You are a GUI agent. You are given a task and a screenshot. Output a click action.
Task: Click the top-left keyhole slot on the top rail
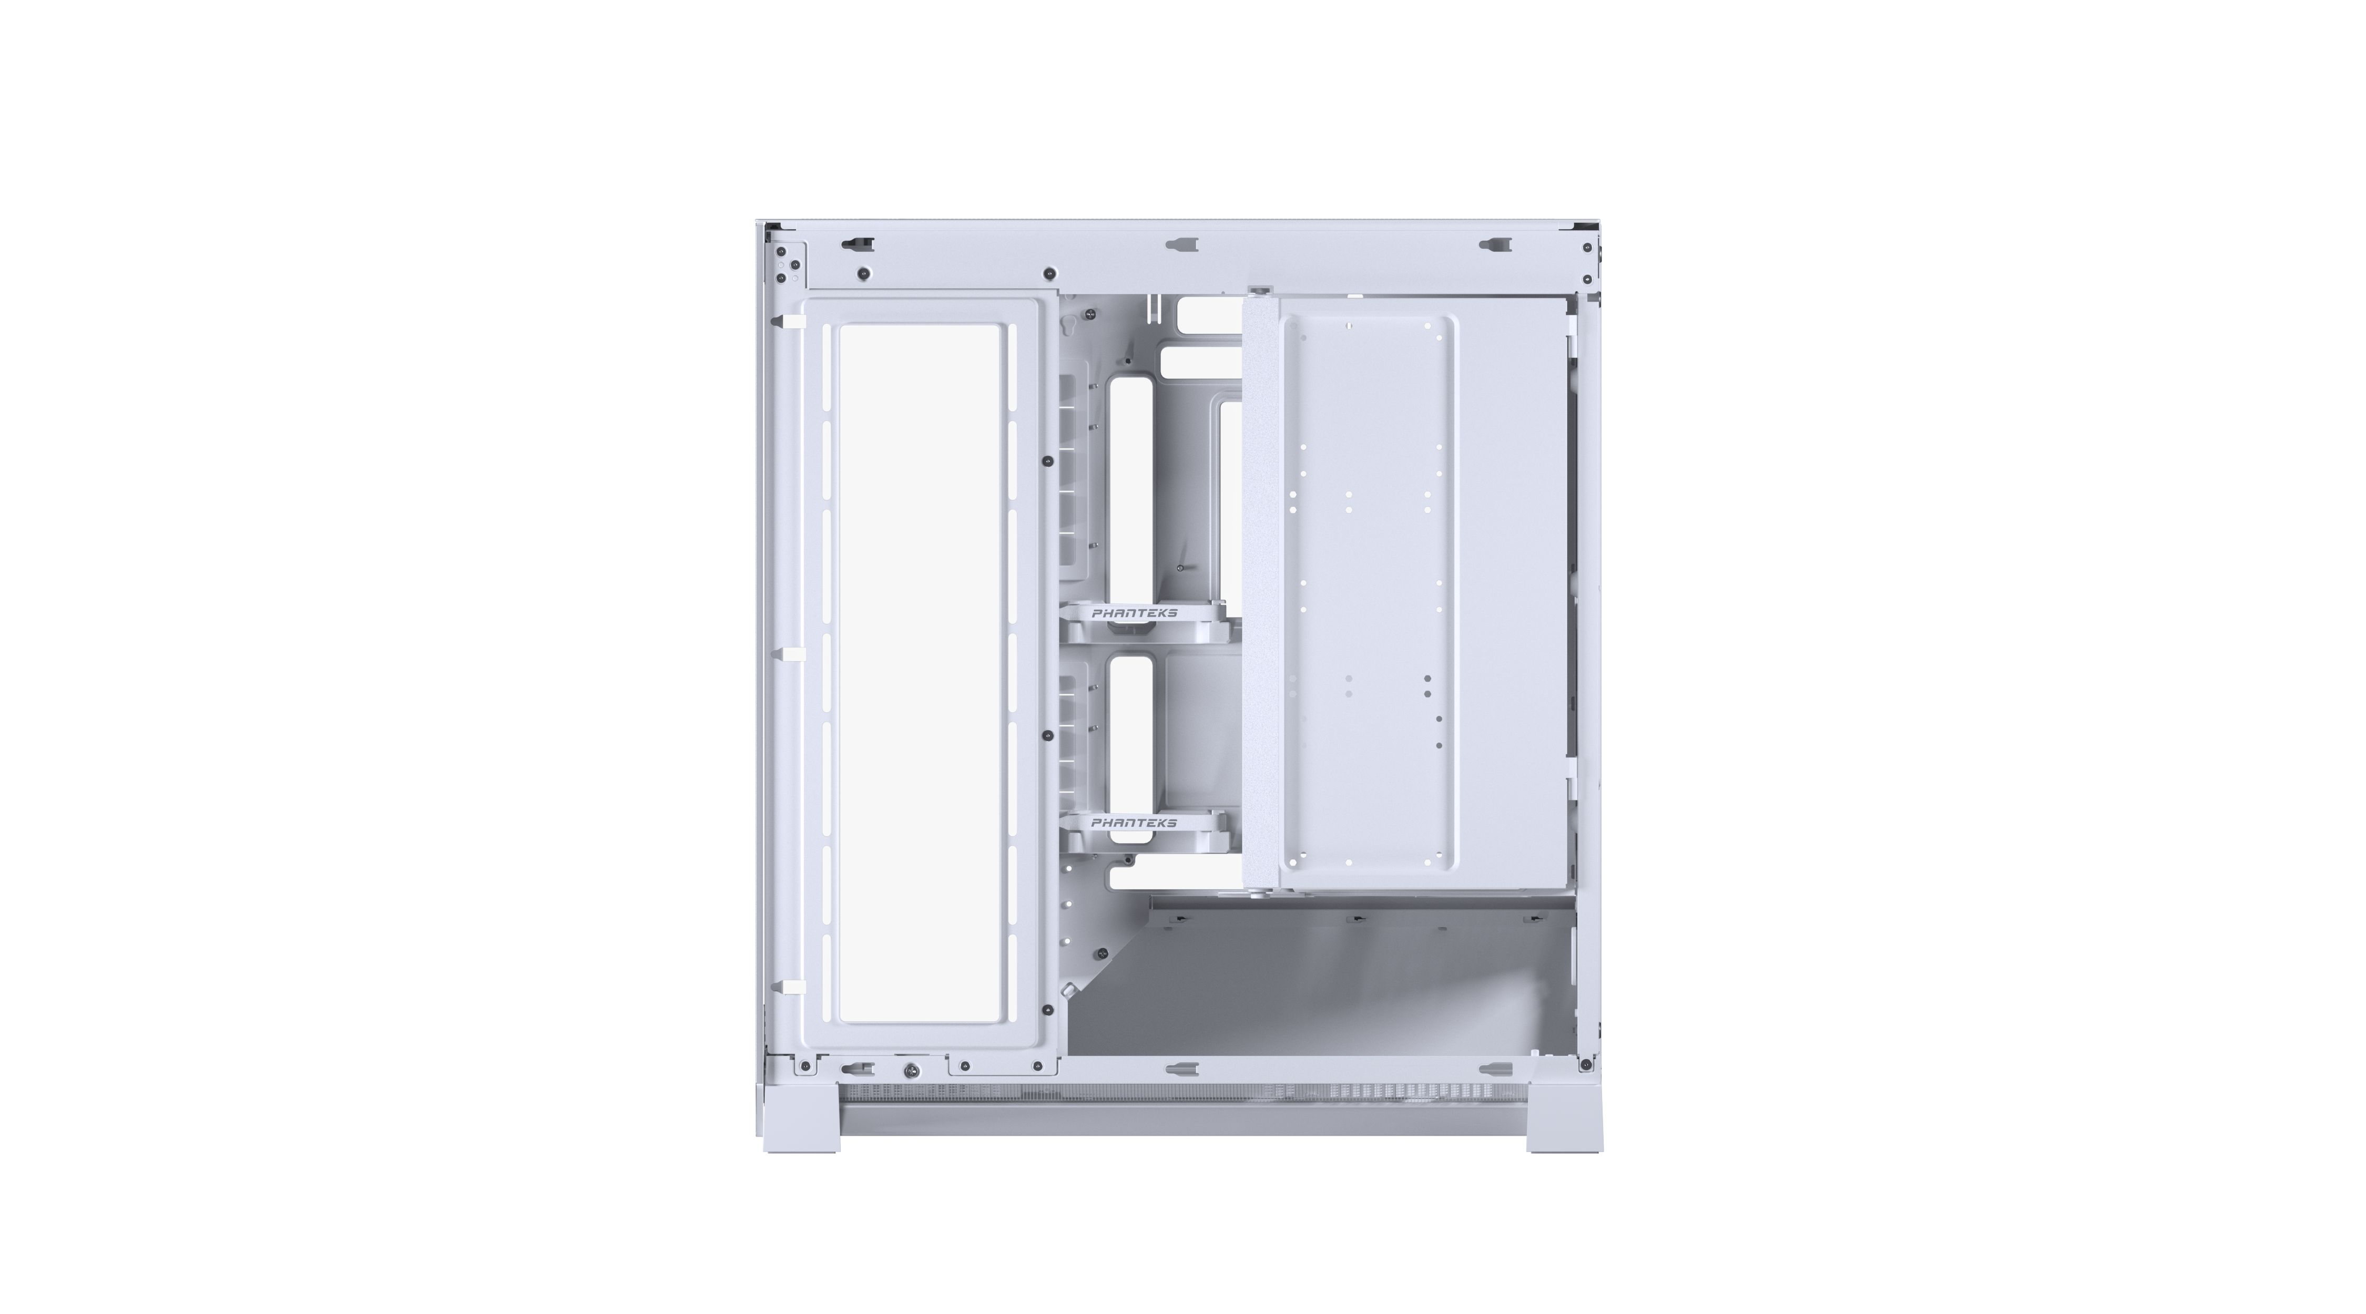857,244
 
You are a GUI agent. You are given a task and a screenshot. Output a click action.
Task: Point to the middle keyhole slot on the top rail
1182,244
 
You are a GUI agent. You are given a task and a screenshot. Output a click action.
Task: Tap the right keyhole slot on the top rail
1494,244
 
